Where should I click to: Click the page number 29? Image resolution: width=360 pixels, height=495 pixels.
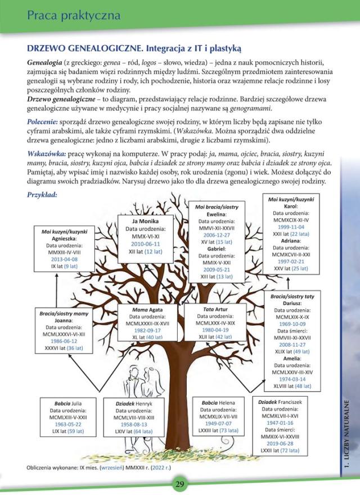tap(179, 485)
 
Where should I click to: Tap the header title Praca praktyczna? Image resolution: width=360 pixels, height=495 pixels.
tap(74, 15)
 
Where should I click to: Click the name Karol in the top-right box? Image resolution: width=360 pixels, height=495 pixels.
tap(291, 206)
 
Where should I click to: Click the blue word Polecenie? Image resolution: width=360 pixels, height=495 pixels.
tap(46, 121)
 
